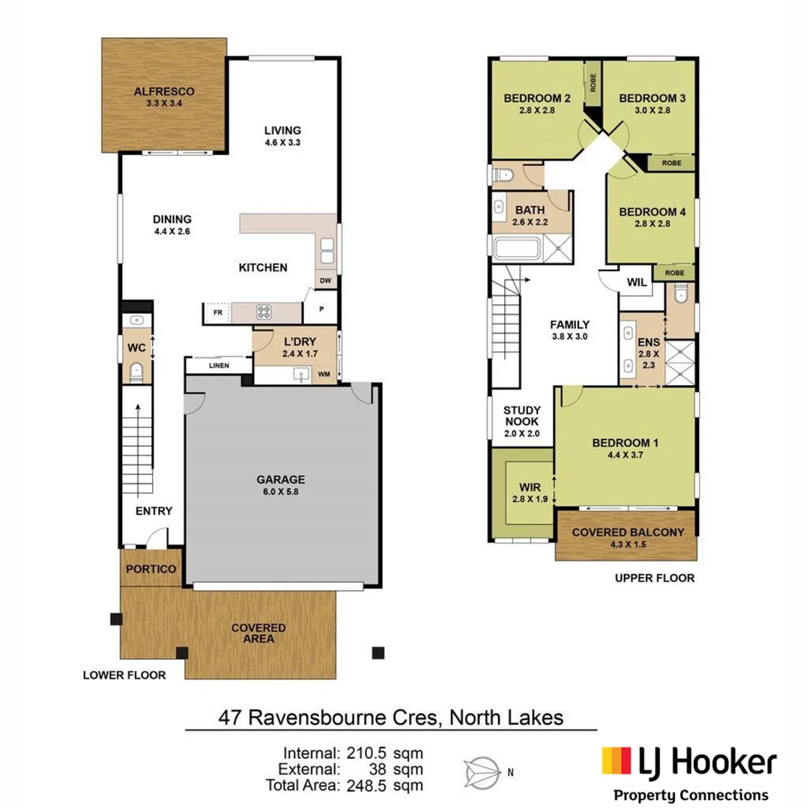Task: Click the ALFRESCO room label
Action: [158, 92]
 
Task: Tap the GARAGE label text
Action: [280, 479]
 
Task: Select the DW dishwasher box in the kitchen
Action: [326, 282]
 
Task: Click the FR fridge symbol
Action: [217, 313]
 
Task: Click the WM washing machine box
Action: [325, 374]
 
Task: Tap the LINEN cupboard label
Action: [219, 366]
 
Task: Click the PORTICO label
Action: [151, 569]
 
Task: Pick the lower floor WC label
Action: [135, 348]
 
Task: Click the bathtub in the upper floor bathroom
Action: [517, 249]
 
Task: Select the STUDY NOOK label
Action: [521, 416]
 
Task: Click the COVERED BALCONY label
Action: [628, 533]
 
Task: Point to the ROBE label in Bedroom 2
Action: [593, 82]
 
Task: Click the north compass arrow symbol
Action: [483, 769]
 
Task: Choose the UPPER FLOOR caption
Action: [654, 578]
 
